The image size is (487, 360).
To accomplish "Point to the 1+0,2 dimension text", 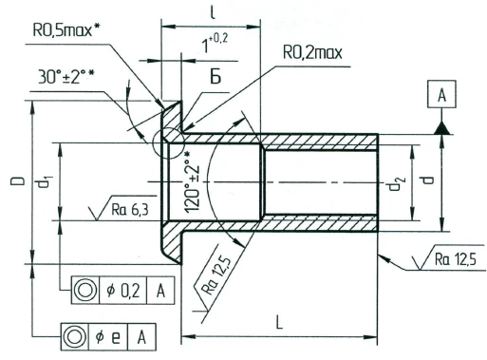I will coord(211,44).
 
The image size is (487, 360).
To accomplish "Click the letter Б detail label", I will coord(215,76).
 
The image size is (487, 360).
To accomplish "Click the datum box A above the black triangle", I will coord(441,96).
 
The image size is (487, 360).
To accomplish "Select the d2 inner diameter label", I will coord(396,187).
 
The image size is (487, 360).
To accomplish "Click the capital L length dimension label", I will coord(279,324).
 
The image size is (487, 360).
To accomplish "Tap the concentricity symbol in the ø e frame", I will coord(73,336).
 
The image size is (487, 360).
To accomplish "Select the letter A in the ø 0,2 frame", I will coord(160,290).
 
